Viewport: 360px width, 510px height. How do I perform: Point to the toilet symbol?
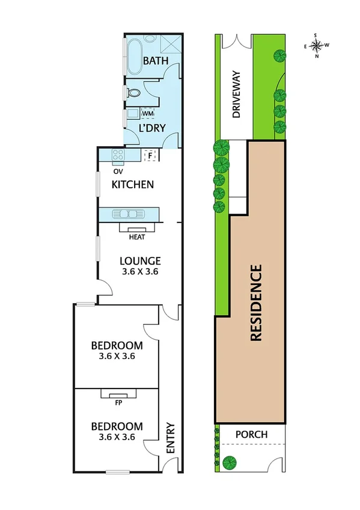click(133, 93)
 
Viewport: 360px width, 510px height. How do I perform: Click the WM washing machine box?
click(147, 113)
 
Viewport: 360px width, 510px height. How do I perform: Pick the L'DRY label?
click(151, 129)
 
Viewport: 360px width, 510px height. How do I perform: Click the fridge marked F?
click(151, 156)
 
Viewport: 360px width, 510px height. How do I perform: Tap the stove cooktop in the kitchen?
click(118, 156)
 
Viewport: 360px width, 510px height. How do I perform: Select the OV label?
click(117, 170)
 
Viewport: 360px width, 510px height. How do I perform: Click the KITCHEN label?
click(132, 185)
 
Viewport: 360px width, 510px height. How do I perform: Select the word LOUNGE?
click(139, 261)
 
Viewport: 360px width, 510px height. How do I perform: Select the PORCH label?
click(251, 434)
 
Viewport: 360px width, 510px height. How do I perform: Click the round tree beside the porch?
click(229, 462)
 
